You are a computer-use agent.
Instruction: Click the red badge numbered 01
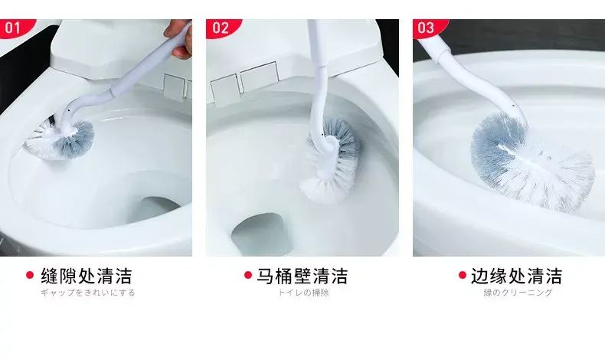coord(15,28)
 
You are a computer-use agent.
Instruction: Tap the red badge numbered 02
coord(222,28)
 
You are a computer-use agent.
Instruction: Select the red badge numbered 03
coord(428,28)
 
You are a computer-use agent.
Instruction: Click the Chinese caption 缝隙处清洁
coord(87,276)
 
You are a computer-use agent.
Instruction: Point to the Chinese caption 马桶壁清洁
coord(302,276)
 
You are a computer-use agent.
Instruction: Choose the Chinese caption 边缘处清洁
coord(517,276)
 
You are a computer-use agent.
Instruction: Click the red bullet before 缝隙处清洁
coord(30,275)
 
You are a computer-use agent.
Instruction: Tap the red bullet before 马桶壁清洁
coord(248,275)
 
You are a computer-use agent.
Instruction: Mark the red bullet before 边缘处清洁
coord(463,275)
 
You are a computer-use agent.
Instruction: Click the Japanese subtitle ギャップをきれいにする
coord(88,293)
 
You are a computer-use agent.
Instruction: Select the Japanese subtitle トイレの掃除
coord(304,293)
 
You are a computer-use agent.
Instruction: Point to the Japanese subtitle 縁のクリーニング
coord(518,293)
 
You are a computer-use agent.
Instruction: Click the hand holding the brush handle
coord(180,38)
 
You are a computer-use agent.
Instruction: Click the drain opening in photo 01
coord(159,211)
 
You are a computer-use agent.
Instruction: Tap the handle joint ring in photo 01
coord(112,91)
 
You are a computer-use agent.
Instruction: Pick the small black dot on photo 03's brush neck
coord(512,106)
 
